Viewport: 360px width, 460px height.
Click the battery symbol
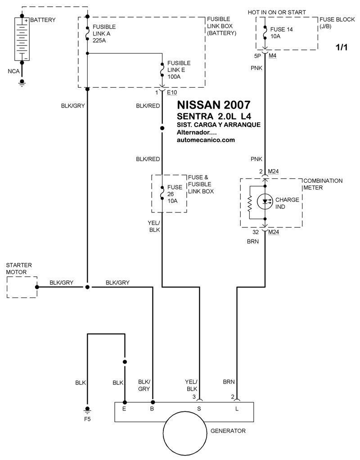coord(22,39)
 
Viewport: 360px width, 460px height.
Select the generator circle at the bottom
coord(185,436)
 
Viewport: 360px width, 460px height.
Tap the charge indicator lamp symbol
coord(265,202)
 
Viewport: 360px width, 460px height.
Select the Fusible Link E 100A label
coord(178,70)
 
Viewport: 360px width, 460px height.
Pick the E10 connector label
coord(172,93)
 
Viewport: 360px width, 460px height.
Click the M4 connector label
coord(273,56)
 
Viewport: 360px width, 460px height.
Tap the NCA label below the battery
coord(13,71)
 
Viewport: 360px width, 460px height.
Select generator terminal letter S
coord(198,409)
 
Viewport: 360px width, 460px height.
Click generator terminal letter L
coord(236,409)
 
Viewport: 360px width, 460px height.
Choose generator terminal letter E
coord(125,409)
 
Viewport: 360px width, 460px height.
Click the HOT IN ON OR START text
coord(277,12)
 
